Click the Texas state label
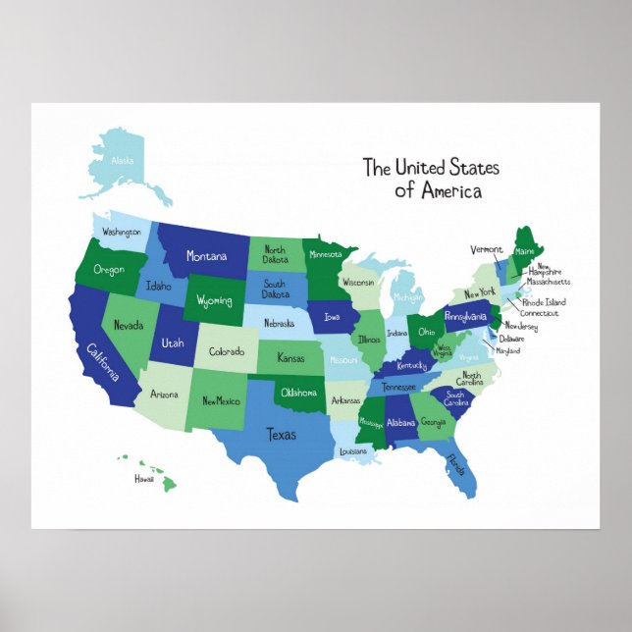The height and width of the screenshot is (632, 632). (x=283, y=432)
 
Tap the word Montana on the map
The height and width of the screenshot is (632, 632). (x=206, y=257)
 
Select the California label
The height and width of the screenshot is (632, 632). (x=103, y=363)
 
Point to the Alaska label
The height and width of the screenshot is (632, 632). (x=123, y=160)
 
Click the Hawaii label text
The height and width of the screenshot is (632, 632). (x=144, y=480)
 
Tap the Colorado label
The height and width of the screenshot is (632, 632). (x=227, y=351)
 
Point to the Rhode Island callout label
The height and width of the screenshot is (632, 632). (x=544, y=301)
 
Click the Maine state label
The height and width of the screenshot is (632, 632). (x=524, y=251)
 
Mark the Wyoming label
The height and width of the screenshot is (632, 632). (x=214, y=300)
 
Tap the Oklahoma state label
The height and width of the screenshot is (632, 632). (x=300, y=393)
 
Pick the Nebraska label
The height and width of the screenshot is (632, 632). (x=280, y=323)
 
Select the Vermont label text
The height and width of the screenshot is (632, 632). (x=487, y=249)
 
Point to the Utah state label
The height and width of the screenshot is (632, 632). (x=173, y=343)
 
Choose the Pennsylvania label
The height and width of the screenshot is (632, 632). (x=466, y=317)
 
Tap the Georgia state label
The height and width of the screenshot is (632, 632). (x=433, y=423)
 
